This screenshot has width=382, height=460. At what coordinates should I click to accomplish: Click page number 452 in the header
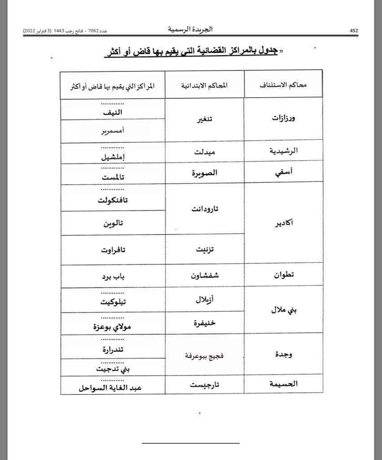(354, 31)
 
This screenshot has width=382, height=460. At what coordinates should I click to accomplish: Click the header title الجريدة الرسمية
(190, 29)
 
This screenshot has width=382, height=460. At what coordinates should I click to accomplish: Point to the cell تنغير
(205, 119)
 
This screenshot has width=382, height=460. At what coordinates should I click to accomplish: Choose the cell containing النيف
(113, 112)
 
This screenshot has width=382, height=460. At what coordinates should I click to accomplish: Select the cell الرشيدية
(284, 151)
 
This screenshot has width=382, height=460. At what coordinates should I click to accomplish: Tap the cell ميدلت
(205, 152)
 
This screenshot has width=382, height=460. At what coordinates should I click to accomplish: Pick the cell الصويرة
(205, 173)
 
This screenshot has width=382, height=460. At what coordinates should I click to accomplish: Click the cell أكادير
(284, 223)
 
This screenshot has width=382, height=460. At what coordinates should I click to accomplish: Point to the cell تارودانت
(205, 209)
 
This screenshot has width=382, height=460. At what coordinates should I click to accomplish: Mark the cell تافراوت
(113, 250)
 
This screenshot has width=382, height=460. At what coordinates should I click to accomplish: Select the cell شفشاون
(205, 275)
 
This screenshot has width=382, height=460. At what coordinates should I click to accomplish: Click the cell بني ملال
(284, 310)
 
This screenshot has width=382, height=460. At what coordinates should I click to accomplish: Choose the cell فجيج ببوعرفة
(205, 356)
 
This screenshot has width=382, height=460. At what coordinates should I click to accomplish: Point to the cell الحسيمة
(283, 384)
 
